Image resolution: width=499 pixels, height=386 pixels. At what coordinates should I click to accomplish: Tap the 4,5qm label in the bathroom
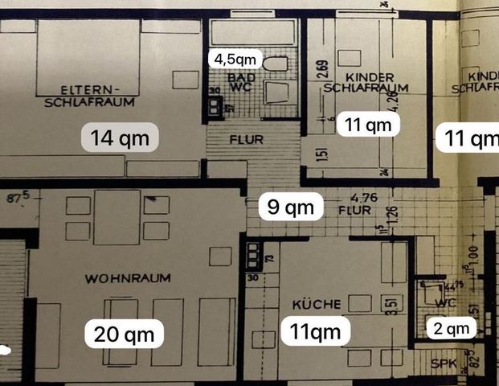point(233,59)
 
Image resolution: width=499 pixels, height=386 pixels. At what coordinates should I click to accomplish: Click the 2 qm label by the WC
point(450,327)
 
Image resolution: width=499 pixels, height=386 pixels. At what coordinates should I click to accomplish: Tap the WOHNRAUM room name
point(128,278)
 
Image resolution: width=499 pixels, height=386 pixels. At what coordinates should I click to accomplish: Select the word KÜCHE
point(316,303)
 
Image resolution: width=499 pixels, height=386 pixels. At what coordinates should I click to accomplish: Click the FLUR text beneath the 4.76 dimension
point(354,211)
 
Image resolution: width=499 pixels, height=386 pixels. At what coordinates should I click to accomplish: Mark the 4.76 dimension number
point(354,195)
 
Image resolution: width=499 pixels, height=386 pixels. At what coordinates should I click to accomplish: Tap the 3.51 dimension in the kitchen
point(387,306)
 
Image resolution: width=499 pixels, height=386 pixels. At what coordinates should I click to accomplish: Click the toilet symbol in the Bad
point(275,64)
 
